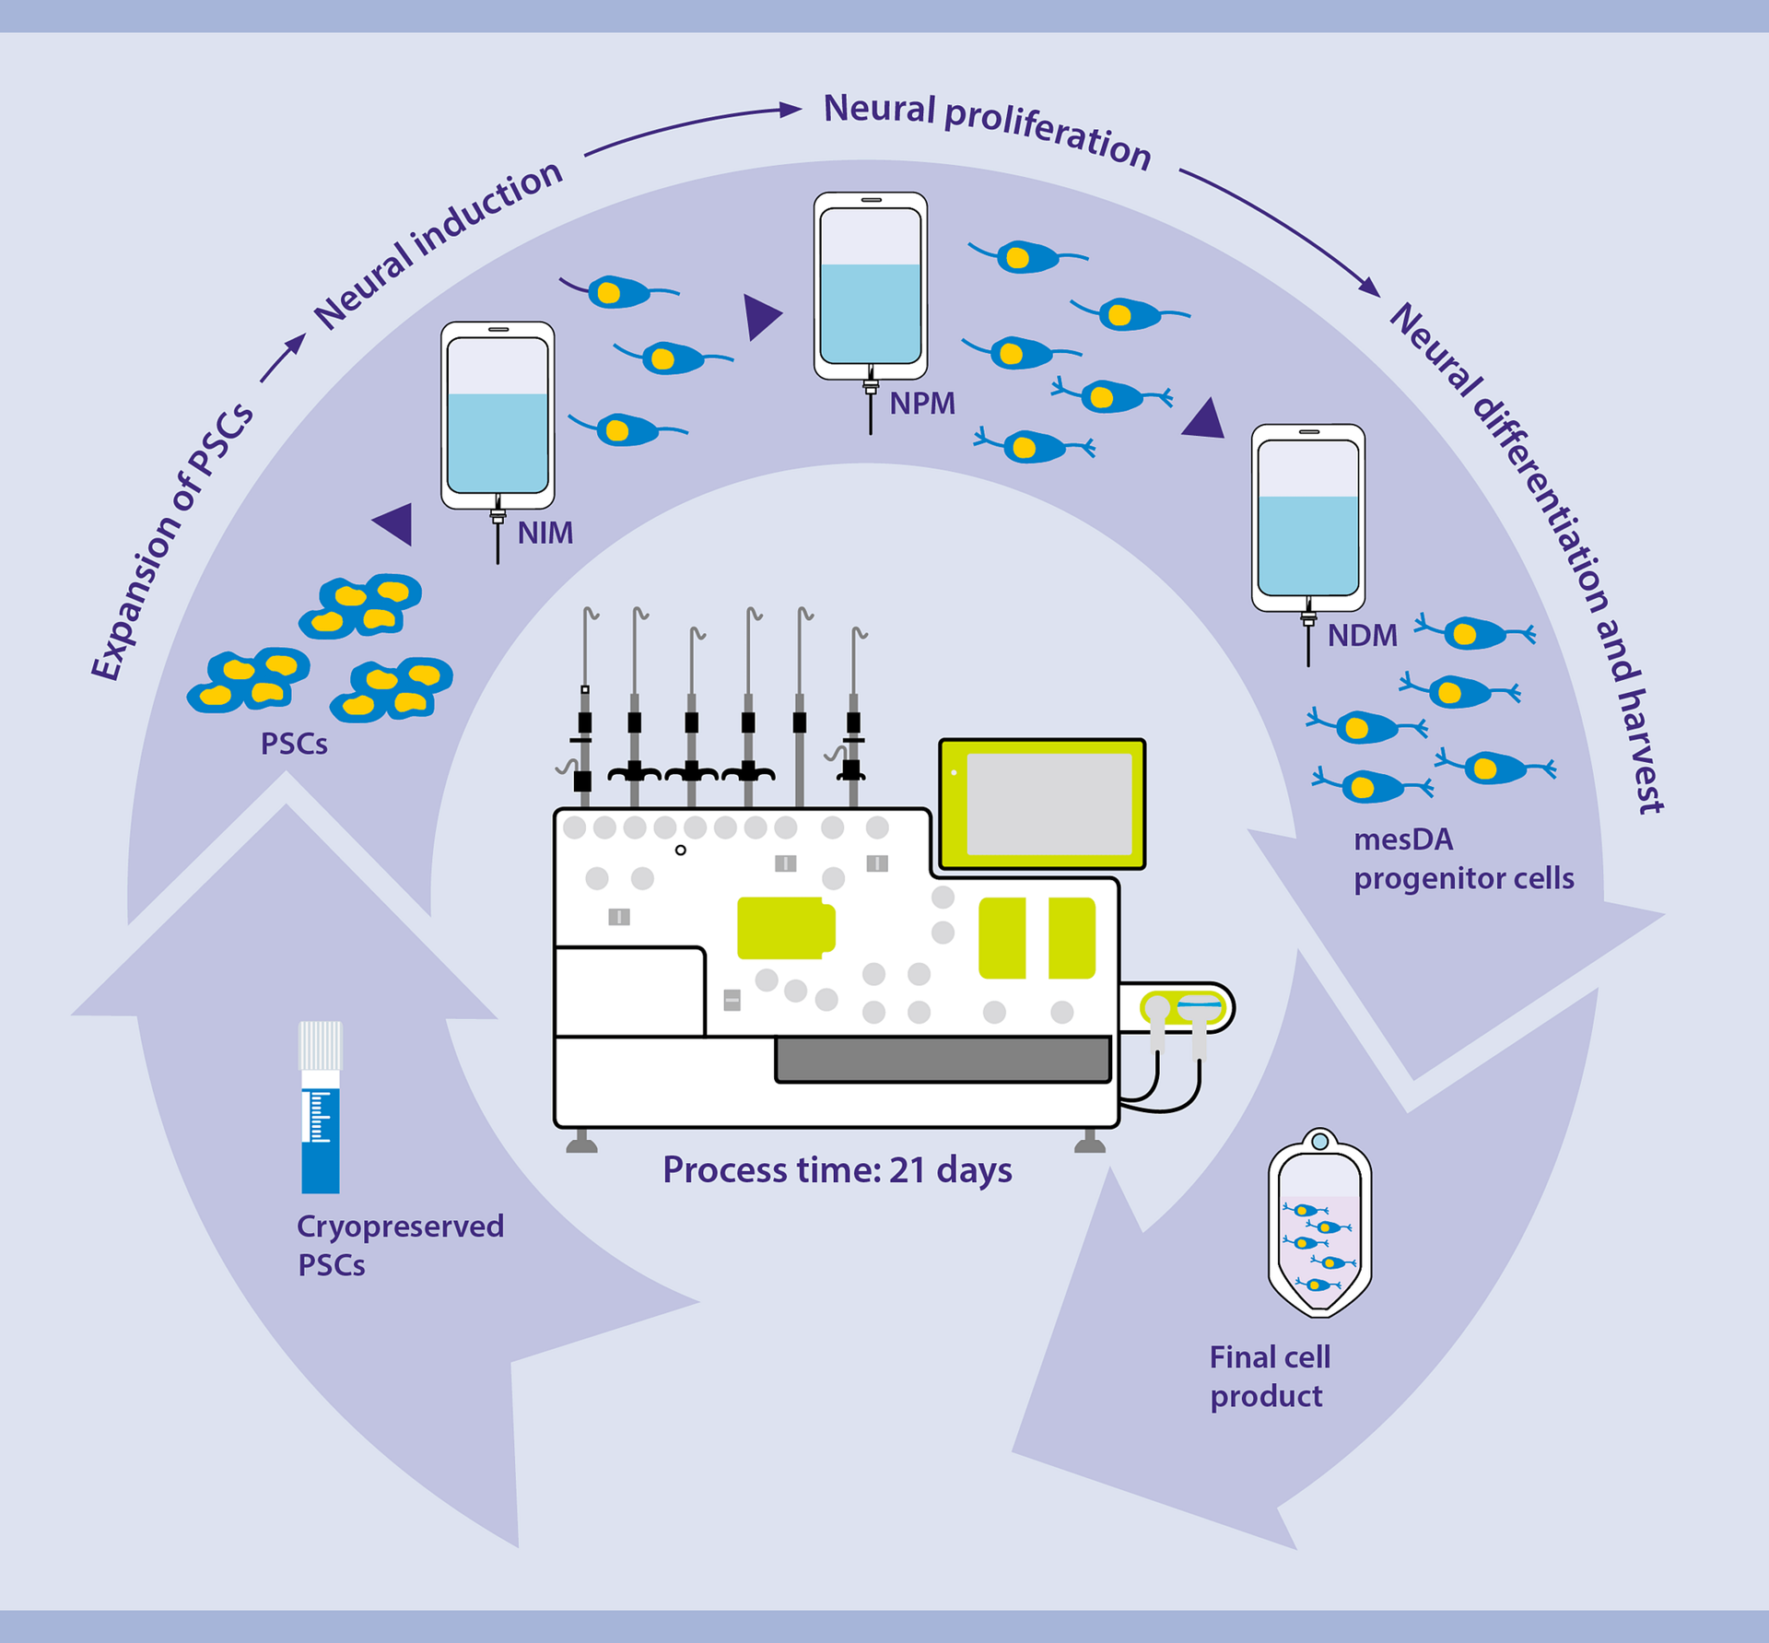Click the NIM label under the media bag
(545, 533)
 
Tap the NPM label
(921, 404)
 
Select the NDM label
(1362, 636)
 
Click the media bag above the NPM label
(870, 286)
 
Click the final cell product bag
(1319, 1226)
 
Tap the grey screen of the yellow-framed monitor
(1049, 804)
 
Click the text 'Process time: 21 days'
(837, 1169)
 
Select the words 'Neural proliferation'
(987, 129)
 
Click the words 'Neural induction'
(439, 243)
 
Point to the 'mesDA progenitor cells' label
(1462, 859)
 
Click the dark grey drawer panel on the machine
(943, 1059)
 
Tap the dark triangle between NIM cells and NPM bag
(761, 316)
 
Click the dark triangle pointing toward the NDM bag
(1205, 420)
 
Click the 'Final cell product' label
(1270, 1376)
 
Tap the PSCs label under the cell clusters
(294, 744)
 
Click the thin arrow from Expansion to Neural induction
(282, 358)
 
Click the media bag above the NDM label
(1307, 517)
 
